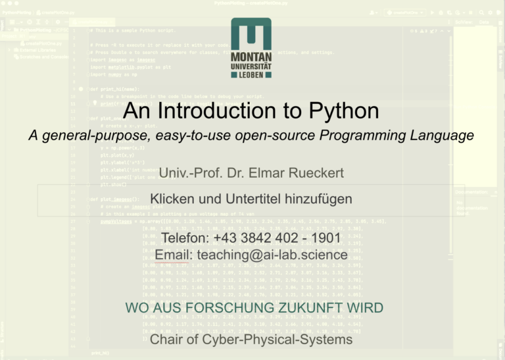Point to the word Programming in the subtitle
tap(375, 136)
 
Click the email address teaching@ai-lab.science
tap(272, 255)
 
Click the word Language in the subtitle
tap(444, 136)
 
